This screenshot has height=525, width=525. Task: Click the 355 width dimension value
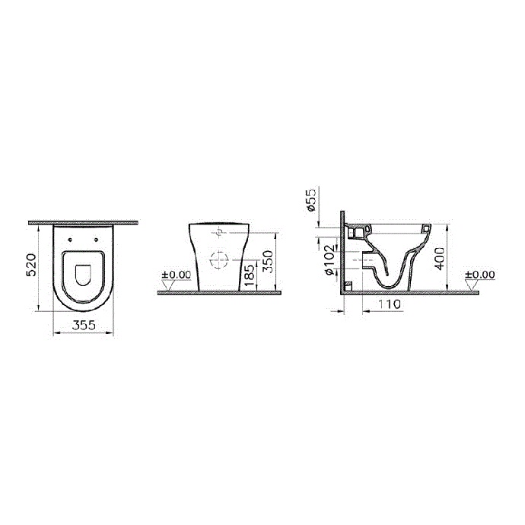pyautogui.click(x=84, y=325)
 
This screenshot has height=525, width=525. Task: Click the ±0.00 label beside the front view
pyautogui.click(x=176, y=275)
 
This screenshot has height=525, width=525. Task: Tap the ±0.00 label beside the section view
pyautogui.click(x=479, y=275)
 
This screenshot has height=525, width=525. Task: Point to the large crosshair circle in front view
pyautogui.click(x=218, y=260)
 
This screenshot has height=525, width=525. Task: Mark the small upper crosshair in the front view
pyautogui.click(x=218, y=231)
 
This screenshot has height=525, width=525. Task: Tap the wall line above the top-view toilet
pyautogui.click(x=84, y=223)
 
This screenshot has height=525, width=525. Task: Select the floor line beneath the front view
pyautogui.click(x=221, y=292)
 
